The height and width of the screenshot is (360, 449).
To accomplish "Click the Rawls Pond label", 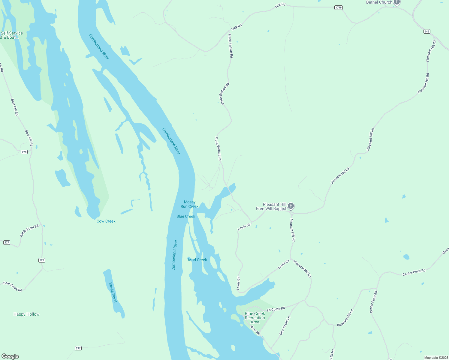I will pos(113,292).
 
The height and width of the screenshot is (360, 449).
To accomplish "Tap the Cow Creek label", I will pos(106,221).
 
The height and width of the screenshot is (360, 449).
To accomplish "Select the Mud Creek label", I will pos(197,260).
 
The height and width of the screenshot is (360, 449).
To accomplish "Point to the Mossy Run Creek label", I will pos(189,204).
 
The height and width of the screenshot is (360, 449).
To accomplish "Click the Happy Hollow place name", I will pos(26,314).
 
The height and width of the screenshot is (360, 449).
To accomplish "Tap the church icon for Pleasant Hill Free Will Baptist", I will pos(291,206).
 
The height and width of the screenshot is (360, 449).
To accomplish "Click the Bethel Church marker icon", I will pos(397,2).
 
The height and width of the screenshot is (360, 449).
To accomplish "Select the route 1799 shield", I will pos(339,7).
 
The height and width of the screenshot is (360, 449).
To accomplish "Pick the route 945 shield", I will pos(427,31).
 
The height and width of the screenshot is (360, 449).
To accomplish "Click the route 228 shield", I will pos(24,152).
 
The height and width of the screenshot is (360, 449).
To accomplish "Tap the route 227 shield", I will pos(7,242).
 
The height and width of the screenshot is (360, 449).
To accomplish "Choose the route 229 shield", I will pos(42,260).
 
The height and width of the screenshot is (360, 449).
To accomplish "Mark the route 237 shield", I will pos(78,348).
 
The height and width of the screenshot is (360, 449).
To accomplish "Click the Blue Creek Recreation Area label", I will pos(255,318).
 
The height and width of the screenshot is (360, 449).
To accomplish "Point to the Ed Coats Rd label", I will pos(276,309).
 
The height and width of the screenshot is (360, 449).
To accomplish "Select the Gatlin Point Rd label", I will pos(29,231).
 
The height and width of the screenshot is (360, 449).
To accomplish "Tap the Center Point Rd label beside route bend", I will pos(414,272).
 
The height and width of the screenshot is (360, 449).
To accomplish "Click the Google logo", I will pos(10,356).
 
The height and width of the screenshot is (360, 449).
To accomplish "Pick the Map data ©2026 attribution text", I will pos(436,358).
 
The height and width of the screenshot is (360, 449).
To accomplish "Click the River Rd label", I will pos(255,331).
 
